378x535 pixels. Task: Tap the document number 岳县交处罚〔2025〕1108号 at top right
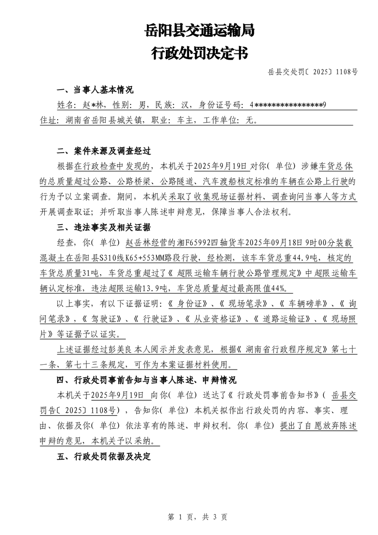tap(313, 72)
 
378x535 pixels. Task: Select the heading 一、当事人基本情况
tap(95, 90)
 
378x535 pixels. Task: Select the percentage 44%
tap(283, 289)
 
